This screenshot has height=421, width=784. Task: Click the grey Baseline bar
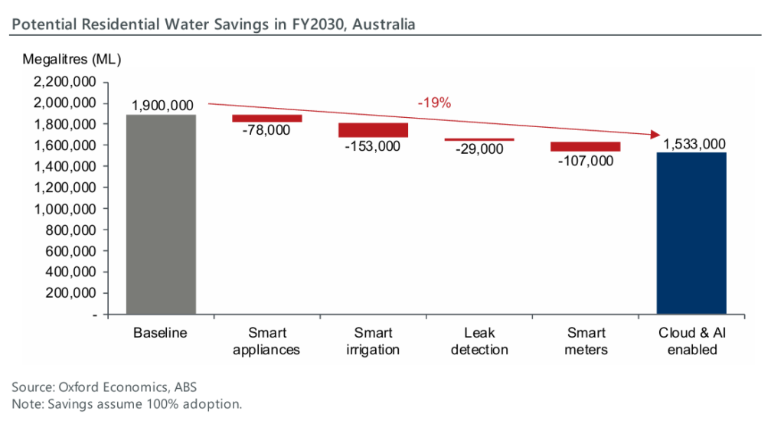[162, 214]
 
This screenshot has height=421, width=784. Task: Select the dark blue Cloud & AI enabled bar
[691, 233]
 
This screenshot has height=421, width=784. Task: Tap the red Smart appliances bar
[267, 118]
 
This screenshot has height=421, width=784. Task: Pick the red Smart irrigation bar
[374, 130]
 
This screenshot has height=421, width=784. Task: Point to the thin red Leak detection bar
[479, 139]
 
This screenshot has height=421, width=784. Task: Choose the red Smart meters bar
[585, 146]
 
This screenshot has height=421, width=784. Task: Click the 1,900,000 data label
[162, 106]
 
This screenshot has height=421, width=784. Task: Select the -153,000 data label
[374, 146]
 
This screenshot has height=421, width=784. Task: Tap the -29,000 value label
[479, 149]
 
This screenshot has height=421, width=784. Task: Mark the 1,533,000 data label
[691, 144]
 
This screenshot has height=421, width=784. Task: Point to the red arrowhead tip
[659, 135]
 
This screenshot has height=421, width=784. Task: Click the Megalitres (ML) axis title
[72, 59]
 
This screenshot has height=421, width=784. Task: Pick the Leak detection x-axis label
[479, 341]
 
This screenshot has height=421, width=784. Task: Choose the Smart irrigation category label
[374, 341]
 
